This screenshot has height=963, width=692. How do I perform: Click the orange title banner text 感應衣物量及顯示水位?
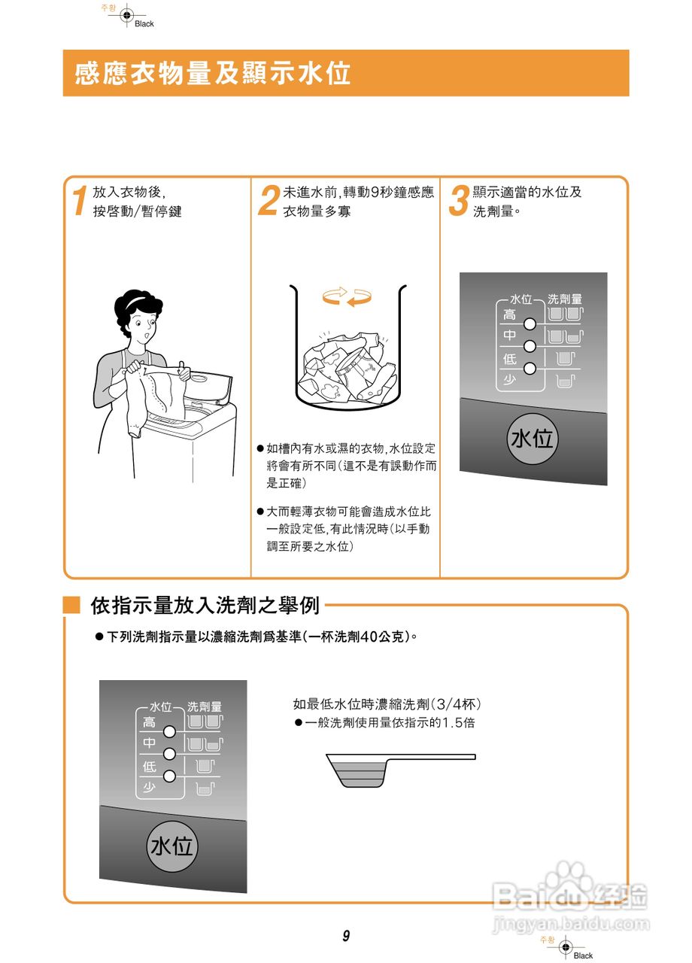pyautogui.click(x=213, y=74)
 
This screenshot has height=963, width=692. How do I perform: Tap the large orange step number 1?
pyautogui.click(x=78, y=202)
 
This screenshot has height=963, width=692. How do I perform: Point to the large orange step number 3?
pyautogui.click(x=459, y=202)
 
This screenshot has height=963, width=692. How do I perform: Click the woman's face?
pyautogui.click(x=143, y=325)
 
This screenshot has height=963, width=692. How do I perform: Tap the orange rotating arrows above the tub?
pyautogui.click(x=347, y=296)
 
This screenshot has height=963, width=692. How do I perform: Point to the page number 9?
pyautogui.click(x=346, y=936)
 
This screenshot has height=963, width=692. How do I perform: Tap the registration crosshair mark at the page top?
pyautogui.click(x=126, y=14)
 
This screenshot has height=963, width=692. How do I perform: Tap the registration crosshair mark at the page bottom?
pyautogui.click(x=565, y=946)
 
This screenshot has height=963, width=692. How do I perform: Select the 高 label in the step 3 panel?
pyautogui.click(x=509, y=314)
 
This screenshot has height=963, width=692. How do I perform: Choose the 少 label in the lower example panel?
pyautogui.click(x=150, y=788)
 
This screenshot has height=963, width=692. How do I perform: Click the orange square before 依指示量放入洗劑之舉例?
pyautogui.click(x=71, y=605)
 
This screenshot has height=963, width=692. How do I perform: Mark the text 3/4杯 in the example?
pyautogui.click(x=456, y=704)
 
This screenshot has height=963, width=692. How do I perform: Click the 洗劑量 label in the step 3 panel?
pyautogui.click(x=564, y=299)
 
